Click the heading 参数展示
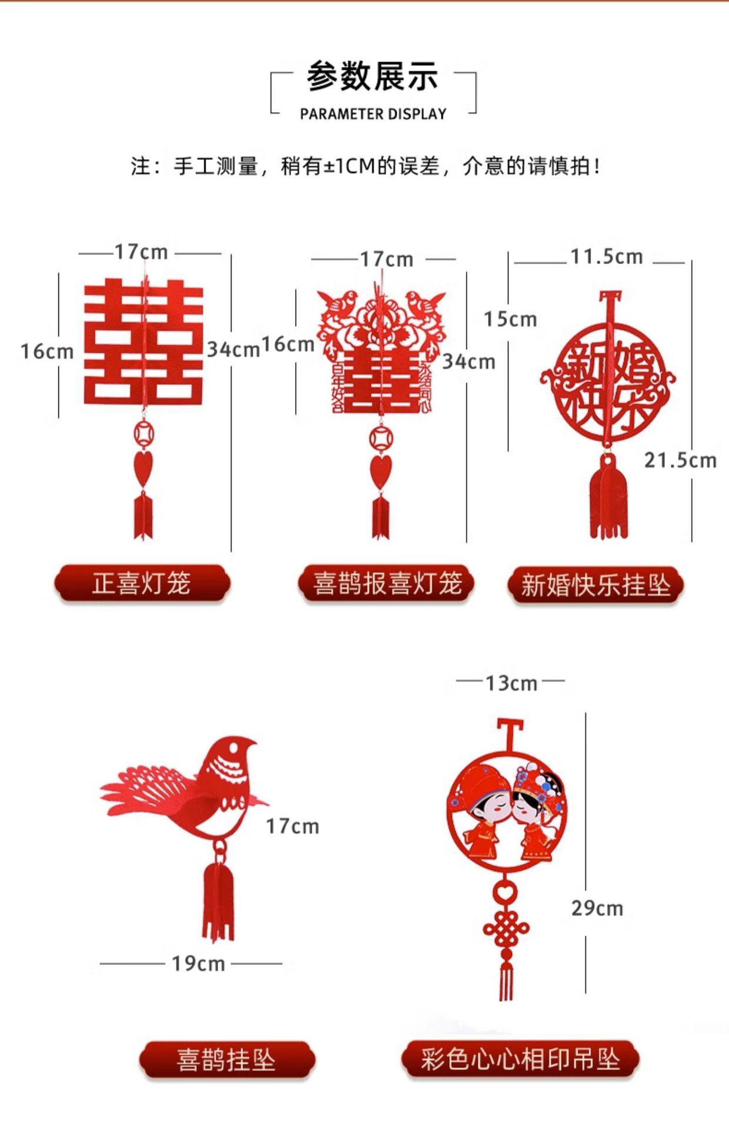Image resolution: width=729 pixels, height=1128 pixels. [x=372, y=77]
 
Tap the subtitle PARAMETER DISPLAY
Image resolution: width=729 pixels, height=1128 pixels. [x=373, y=114]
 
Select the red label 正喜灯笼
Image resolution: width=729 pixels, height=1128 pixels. [x=142, y=584]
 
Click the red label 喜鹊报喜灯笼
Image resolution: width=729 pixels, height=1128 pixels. [x=386, y=584]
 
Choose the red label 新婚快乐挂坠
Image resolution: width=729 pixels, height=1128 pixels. [x=596, y=585]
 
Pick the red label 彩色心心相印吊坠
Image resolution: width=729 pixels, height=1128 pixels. [x=520, y=1060]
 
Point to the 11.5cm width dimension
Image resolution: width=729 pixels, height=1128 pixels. [x=606, y=257]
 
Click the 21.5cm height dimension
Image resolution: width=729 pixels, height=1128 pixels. [x=680, y=460]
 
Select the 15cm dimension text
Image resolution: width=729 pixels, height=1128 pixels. [x=510, y=319]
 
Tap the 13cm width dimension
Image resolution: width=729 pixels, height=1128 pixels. [x=511, y=683]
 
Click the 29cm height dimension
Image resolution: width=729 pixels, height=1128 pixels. [x=597, y=908]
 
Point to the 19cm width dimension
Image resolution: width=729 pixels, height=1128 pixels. [x=198, y=964]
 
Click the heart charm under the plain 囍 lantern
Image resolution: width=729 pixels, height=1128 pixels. [x=142, y=467]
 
